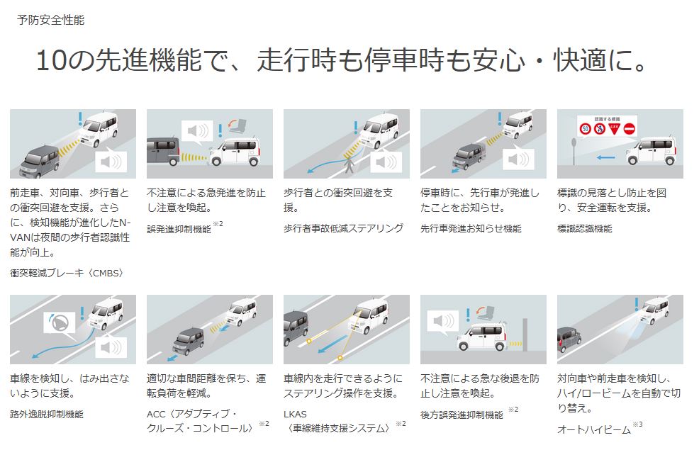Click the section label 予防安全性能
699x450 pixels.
pos(50,20)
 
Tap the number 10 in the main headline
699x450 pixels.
pos(51,61)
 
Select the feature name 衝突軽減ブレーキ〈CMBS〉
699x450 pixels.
pos(67,273)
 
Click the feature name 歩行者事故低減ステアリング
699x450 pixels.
pos(343,228)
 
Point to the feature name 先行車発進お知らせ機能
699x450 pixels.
pos(471,228)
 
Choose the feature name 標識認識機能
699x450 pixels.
pos(585,228)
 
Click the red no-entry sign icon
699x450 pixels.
pos(629,130)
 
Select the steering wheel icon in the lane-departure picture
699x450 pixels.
pos(57,324)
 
